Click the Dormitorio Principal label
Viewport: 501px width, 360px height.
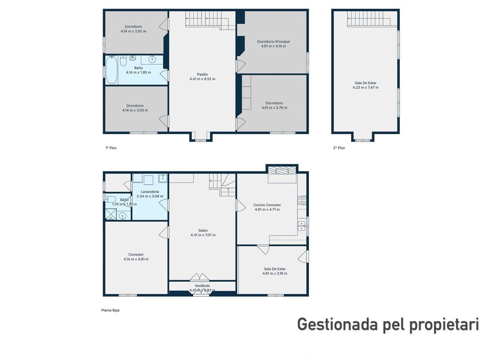pyautogui.click(x=273, y=42)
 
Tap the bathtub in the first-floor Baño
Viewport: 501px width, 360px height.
pyautogui.click(x=111, y=70)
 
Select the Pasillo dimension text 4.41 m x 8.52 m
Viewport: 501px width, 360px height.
pyautogui.click(x=202, y=79)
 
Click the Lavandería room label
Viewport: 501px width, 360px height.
pyautogui.click(x=150, y=192)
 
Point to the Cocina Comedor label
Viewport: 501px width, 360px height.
pyautogui.click(x=267, y=205)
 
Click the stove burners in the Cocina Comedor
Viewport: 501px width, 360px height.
pyautogui.click(x=302, y=200)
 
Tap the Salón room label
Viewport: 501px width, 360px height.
pyautogui.click(x=203, y=230)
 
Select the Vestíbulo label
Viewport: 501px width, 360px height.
pyautogui.click(x=202, y=286)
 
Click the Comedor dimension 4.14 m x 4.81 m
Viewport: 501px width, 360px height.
pyautogui.click(x=136, y=259)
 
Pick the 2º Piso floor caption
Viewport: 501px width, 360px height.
pyautogui.click(x=339, y=148)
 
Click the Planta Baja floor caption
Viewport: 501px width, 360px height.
pyautogui.click(x=110, y=310)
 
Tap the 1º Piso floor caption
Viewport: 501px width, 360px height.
pyautogui.click(x=111, y=148)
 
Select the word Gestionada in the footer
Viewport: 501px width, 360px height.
pyautogui.click(x=337, y=324)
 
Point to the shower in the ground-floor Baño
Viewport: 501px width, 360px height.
pyautogui.click(x=111, y=214)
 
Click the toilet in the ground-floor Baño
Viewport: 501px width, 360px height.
pyautogui.click(x=110, y=199)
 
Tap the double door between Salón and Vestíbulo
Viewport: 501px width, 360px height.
pyautogui.click(x=200, y=277)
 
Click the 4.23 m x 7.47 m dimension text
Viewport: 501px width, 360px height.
pyautogui.click(x=366, y=87)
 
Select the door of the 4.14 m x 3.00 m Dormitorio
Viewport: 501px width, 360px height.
pyautogui.click(x=164, y=121)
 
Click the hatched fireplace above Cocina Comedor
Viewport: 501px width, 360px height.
pyautogui.click(x=282, y=170)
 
